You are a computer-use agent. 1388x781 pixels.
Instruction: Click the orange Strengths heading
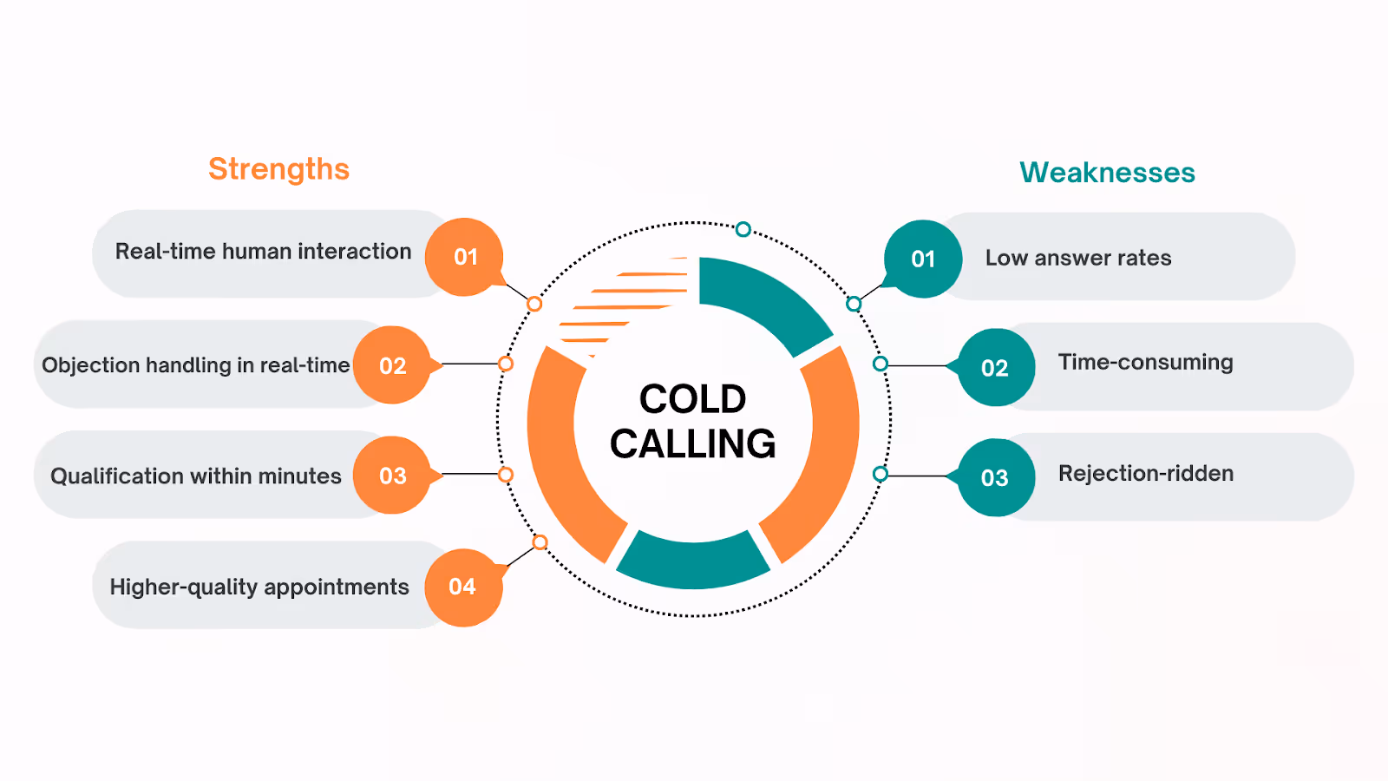coord(278,169)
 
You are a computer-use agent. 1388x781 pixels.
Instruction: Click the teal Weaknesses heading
coord(1107,173)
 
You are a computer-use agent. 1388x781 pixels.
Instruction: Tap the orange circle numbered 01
coord(465,257)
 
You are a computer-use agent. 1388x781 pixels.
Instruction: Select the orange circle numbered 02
coord(392,365)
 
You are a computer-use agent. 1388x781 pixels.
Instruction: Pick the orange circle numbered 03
coord(392,476)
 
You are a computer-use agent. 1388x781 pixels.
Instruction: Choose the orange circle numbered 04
coord(462,587)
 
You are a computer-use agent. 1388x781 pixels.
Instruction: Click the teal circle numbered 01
coord(923,259)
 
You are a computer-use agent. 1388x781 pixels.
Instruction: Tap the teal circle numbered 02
coord(995,368)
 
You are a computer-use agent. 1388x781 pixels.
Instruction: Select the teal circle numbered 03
coord(995,477)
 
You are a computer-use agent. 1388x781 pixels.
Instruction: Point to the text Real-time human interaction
coord(263,252)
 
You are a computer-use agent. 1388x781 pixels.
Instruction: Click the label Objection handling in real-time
coord(195,365)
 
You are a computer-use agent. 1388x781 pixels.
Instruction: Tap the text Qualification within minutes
coord(195,476)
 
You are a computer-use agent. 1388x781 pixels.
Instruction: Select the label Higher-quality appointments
coord(259,587)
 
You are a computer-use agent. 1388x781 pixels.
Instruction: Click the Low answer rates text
coord(1077,258)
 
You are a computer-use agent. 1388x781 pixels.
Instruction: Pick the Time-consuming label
coord(1145,362)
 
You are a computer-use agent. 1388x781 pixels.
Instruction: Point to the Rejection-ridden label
coord(1145,474)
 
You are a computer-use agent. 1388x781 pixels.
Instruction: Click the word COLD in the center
coord(692,400)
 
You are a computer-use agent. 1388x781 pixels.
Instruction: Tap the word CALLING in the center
coord(692,444)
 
